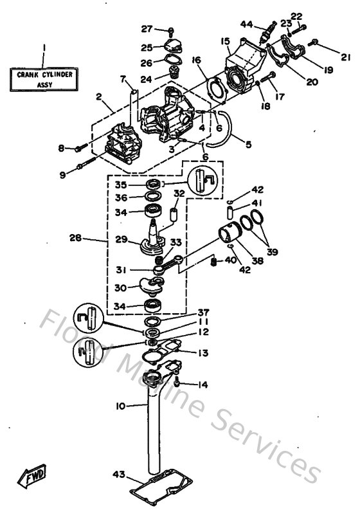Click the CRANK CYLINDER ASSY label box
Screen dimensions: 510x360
click(x=44, y=79)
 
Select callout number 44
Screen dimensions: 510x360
click(x=247, y=24)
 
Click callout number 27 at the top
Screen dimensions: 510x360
click(x=147, y=29)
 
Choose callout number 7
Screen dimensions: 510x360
click(x=122, y=79)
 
